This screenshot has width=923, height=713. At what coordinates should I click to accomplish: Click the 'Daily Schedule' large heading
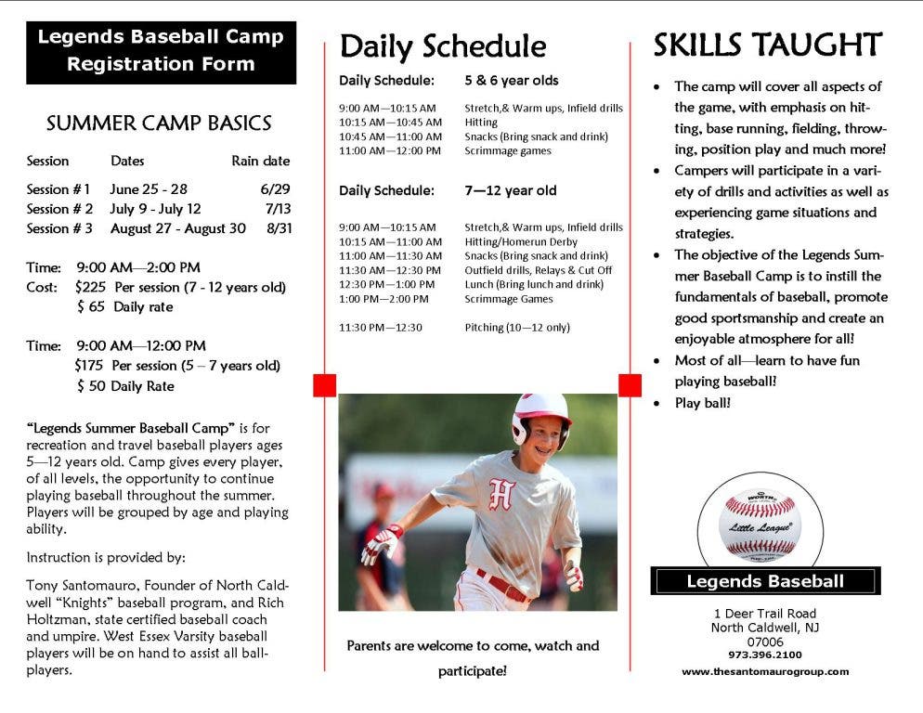[443, 46]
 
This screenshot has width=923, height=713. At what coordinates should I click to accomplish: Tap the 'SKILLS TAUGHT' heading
[768, 45]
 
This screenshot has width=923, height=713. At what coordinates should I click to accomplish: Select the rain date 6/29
[275, 189]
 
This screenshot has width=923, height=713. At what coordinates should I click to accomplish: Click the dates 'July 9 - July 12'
[155, 209]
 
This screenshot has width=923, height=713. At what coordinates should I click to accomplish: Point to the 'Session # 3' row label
[59, 228]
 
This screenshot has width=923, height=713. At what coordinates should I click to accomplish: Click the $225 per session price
[90, 287]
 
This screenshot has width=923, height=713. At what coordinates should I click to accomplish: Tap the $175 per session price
[89, 366]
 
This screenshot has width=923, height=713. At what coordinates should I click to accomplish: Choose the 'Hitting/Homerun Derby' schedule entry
[521, 241]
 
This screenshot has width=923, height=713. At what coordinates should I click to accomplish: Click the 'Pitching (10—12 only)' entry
[517, 328]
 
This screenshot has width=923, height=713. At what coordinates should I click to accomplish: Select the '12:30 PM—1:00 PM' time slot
[386, 284]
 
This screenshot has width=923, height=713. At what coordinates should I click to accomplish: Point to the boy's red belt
[503, 585]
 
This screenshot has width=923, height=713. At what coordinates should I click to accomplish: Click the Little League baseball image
[760, 524]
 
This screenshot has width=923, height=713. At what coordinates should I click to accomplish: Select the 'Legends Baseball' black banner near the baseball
[765, 581]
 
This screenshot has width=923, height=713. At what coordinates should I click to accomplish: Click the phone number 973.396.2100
[764, 655]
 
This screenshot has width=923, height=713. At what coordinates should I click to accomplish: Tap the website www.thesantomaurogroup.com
[765, 671]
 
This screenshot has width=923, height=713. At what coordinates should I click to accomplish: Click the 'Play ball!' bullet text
[702, 403]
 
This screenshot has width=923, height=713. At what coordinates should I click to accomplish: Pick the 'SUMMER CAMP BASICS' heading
[159, 123]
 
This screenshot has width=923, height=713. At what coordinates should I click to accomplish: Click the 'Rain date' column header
[260, 161]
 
